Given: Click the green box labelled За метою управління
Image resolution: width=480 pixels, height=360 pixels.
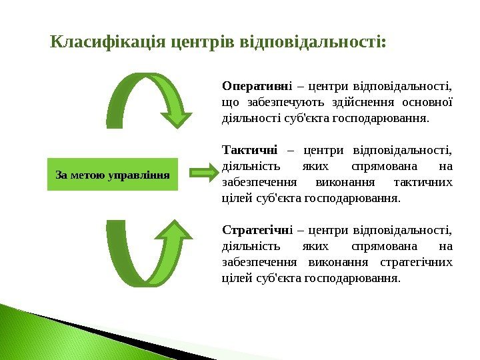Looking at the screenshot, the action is point(113,175).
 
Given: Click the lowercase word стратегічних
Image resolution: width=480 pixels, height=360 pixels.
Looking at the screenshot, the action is point(416,262).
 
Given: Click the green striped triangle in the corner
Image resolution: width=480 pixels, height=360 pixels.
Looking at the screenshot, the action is point(40,333).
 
